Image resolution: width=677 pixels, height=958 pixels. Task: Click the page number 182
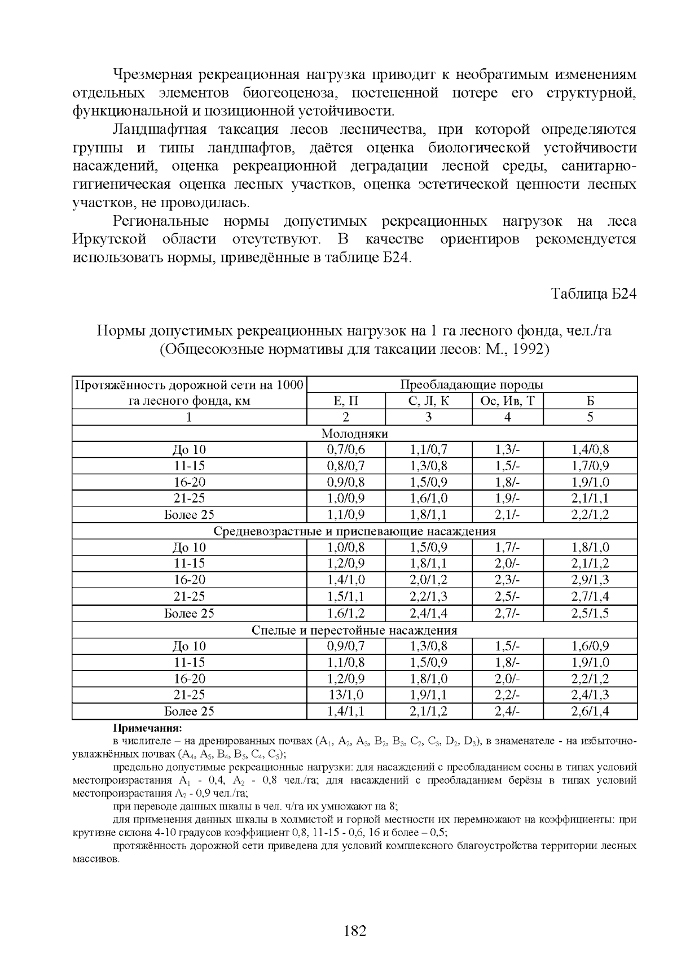point(355,931)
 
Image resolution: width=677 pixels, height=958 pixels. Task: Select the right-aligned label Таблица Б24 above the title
point(594,294)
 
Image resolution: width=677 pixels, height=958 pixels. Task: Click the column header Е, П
point(346,401)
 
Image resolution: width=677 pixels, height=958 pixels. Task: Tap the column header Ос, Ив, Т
point(507,401)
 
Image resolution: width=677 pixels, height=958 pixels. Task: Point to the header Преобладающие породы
point(472,385)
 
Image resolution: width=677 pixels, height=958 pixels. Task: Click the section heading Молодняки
point(354,434)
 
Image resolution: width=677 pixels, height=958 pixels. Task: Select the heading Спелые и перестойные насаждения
point(354,630)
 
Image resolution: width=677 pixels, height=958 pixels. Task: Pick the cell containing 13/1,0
point(346,695)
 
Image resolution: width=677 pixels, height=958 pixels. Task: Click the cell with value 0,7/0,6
point(346,450)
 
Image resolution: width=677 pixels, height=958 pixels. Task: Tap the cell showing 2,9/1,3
point(590,580)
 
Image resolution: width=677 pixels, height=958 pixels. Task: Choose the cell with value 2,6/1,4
point(590,711)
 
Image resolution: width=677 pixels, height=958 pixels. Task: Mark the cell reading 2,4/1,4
point(428,613)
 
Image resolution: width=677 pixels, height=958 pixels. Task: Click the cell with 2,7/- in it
point(507,613)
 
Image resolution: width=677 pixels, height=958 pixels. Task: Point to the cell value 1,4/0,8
point(590,450)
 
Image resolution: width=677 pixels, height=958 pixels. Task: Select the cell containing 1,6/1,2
point(346,613)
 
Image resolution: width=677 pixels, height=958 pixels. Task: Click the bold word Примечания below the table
point(148,728)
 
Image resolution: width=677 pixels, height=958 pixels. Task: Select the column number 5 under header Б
point(590,417)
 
